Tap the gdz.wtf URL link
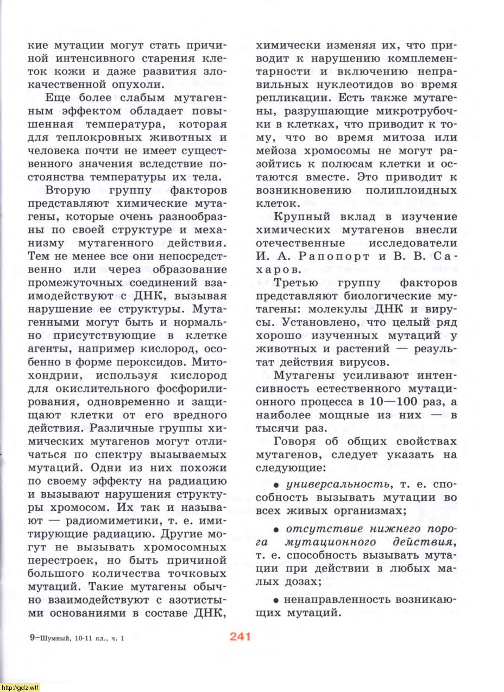coord(20,687)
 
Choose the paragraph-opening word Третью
coord(295,283)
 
